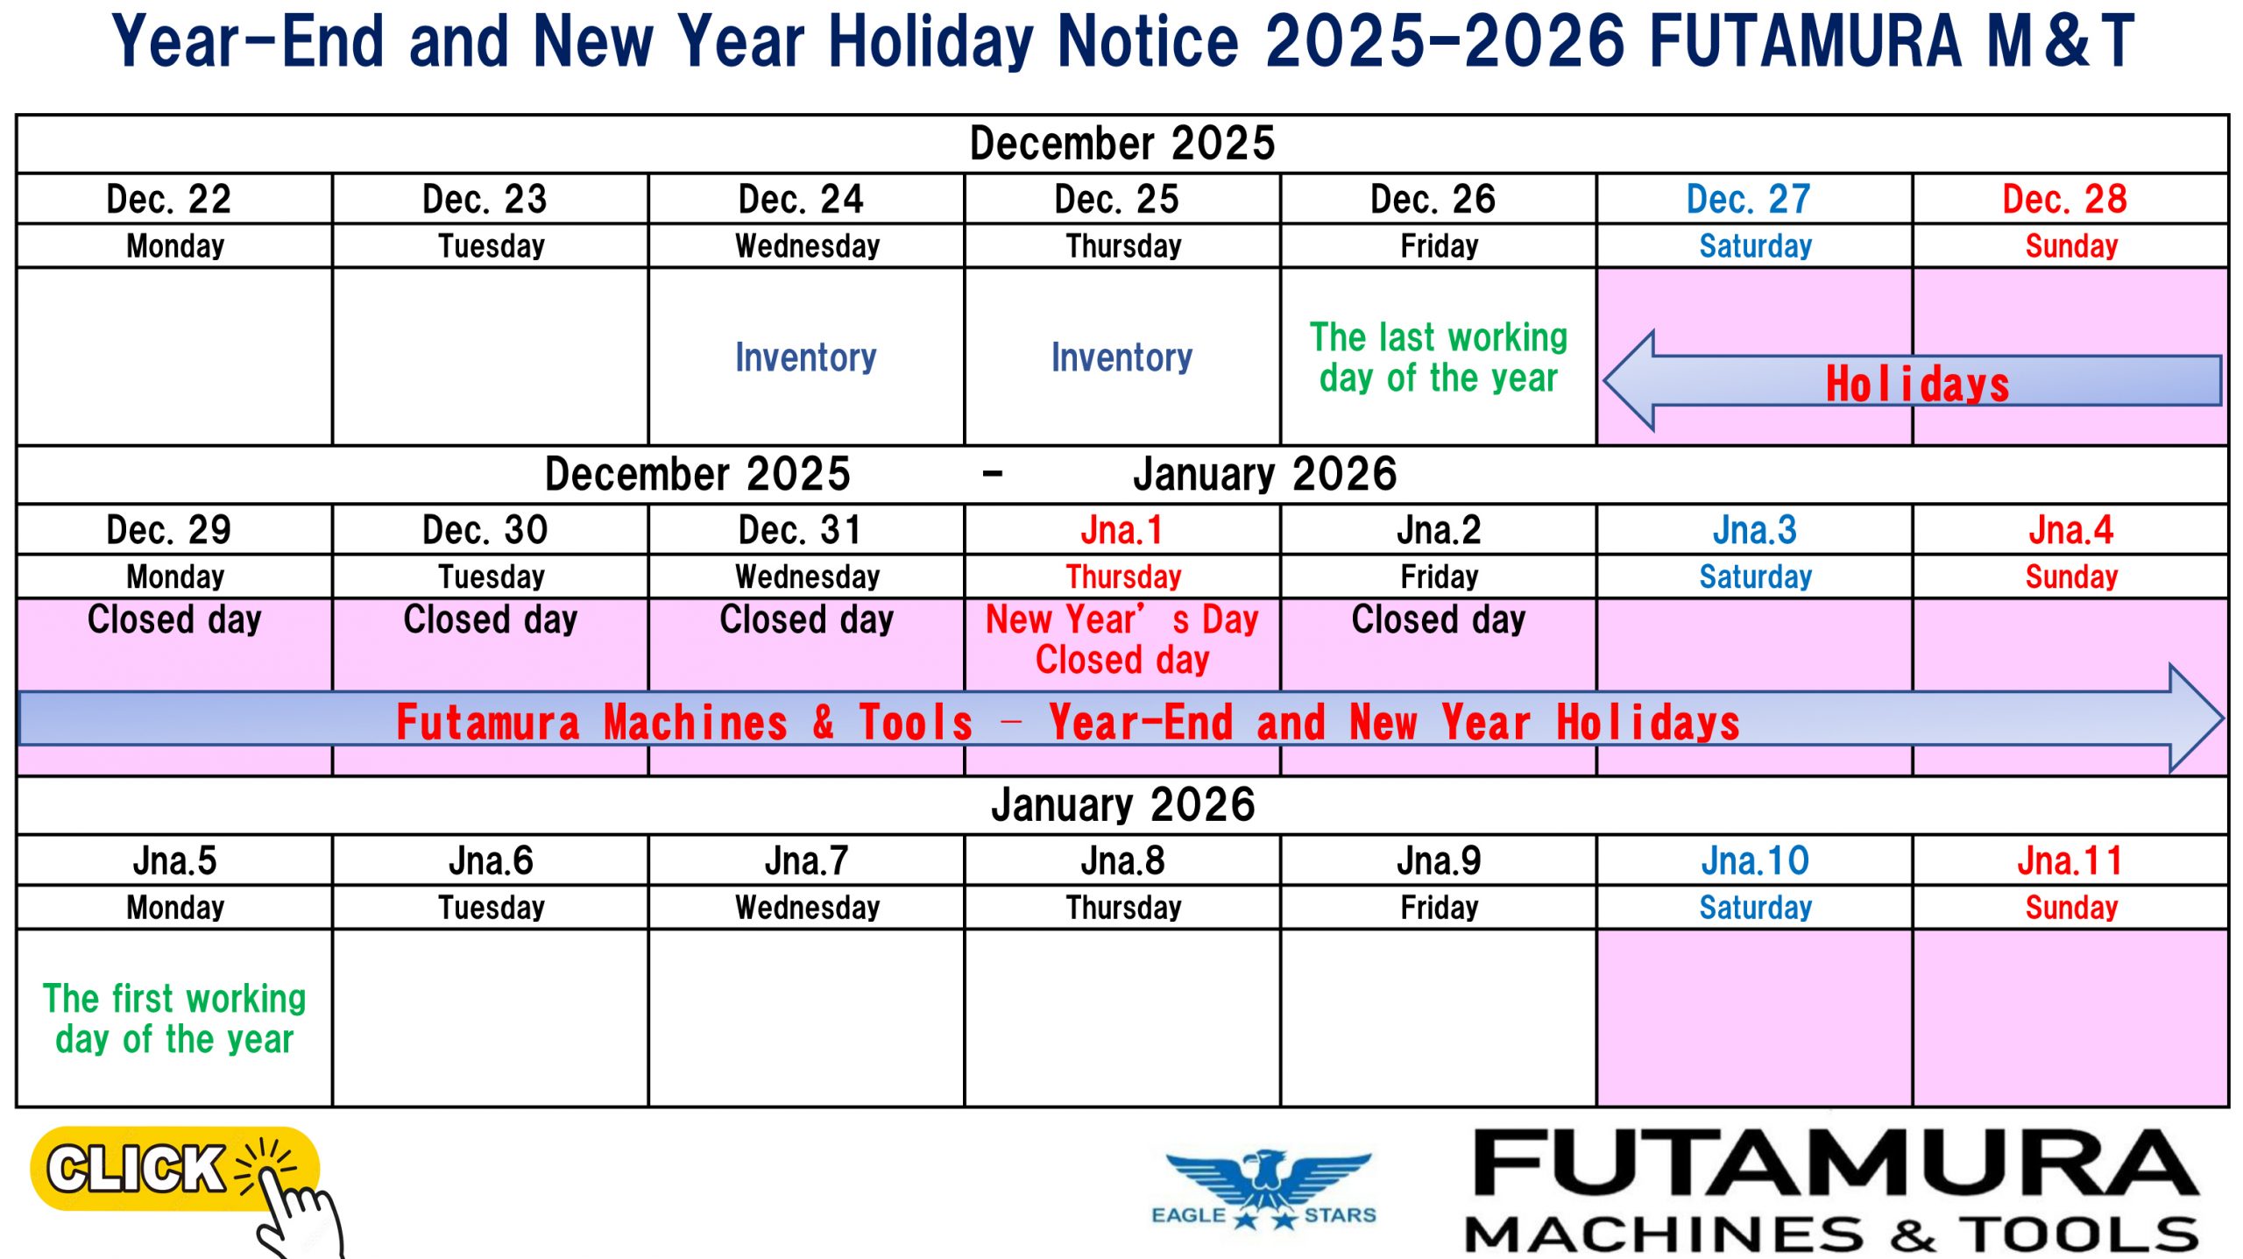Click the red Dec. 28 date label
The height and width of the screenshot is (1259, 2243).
pos(2064,200)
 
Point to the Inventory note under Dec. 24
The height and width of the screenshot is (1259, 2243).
pos(805,357)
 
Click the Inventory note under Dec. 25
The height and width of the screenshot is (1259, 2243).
pos(1121,357)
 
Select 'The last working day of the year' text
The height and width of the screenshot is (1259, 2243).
pos(1439,357)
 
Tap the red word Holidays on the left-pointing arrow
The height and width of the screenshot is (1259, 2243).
pos(1917,384)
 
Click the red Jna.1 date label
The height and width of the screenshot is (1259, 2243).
pos(1121,530)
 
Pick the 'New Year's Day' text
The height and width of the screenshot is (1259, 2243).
pos(1121,619)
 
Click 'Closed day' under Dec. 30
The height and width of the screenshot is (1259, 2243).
pos(491,619)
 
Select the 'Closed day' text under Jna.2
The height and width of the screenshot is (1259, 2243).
pos(1439,619)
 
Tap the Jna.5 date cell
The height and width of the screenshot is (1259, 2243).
pos(174,861)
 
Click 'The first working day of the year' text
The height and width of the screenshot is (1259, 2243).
pos(174,1019)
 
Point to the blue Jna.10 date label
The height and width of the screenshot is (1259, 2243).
pos(1755,861)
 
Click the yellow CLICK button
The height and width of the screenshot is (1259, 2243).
pos(174,1169)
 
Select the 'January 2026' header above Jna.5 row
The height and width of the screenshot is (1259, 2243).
pos(1123,804)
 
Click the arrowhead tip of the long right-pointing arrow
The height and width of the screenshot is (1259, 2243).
pos(2222,719)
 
